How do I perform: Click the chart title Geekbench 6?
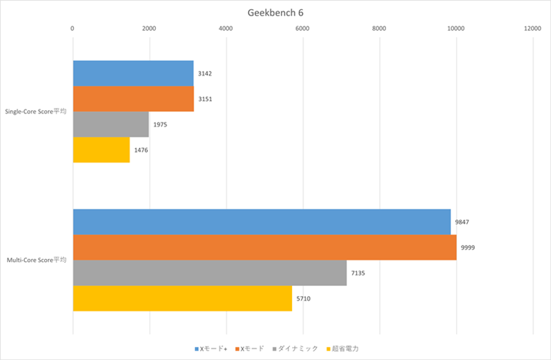coord(275,12)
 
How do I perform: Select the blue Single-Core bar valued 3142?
coord(133,73)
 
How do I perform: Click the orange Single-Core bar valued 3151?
coord(133,99)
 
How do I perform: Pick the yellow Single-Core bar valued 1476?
coord(101,150)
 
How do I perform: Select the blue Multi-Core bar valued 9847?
coord(261,221)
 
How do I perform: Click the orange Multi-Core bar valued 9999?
coord(264,247)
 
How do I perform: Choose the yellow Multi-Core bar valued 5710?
coord(182,298)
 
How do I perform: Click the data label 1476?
coord(141,150)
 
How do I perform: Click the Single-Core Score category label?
coord(35,112)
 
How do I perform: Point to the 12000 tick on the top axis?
coord(533,29)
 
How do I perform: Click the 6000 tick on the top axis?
coord(302,29)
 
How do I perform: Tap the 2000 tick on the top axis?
coord(149,29)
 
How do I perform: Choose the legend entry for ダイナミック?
coord(297,348)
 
